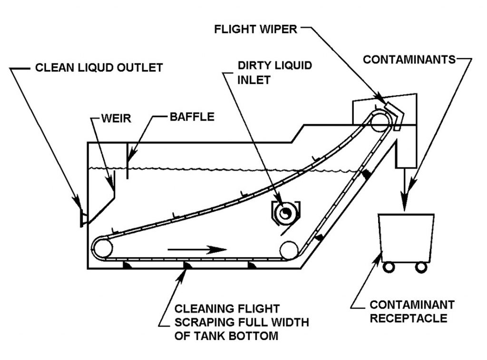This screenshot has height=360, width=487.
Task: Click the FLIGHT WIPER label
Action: point(255,29)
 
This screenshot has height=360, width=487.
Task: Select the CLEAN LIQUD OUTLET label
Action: point(99,68)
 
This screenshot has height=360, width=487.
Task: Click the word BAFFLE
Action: point(192,116)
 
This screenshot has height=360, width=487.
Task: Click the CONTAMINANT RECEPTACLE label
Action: point(412,311)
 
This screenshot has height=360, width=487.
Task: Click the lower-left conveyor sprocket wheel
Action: point(102,248)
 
